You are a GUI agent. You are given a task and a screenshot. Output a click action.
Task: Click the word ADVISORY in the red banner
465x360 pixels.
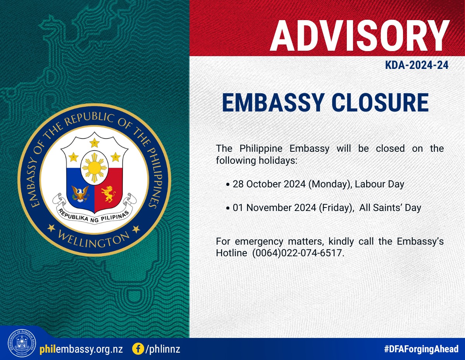pos(360,36)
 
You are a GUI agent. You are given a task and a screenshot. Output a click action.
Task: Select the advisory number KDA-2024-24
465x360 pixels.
pos(417,65)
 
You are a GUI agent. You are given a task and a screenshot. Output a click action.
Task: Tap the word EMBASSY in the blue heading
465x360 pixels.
pos(273,103)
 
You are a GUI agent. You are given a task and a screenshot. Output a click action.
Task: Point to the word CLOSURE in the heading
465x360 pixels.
pos(381,103)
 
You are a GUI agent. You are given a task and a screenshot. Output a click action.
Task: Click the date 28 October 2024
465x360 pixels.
pos(269,184)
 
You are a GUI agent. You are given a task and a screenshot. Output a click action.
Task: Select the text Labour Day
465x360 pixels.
pos(380,184)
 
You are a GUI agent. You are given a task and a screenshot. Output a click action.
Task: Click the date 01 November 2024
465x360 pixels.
pos(275,207)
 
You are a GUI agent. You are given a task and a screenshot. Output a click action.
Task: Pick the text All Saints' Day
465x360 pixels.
pos(390,207)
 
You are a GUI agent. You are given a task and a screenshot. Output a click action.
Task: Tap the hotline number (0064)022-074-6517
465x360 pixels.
pos(298,253)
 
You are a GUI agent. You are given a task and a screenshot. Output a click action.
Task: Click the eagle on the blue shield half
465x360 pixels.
pos(80,194)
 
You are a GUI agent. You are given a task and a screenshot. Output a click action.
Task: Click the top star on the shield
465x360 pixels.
pos(95,143)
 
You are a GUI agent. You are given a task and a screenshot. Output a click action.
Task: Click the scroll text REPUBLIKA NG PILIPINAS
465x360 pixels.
pos(94,216)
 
